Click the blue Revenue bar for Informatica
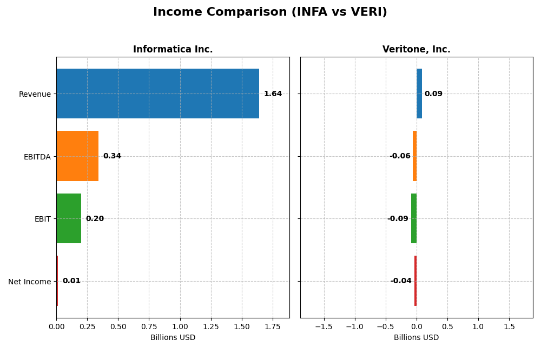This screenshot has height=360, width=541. (x=157, y=94)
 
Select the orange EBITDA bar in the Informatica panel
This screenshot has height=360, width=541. (x=77, y=156)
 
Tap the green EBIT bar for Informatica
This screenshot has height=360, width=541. (x=69, y=218)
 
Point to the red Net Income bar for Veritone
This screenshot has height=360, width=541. (x=415, y=281)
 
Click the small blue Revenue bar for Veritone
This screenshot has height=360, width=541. (x=419, y=94)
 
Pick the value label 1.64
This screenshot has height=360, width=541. (x=273, y=94)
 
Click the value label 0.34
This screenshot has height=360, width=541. (x=112, y=156)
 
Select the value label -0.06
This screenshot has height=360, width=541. (x=400, y=156)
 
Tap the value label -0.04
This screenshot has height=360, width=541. (x=401, y=281)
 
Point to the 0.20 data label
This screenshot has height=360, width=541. (x=95, y=219)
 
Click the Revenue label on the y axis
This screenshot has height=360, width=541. (x=35, y=94)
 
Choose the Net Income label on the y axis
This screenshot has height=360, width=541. (x=29, y=282)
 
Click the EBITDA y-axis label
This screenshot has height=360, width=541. (x=37, y=157)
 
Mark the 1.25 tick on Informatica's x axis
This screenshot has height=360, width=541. (x=211, y=326)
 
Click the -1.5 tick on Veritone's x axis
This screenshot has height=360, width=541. (x=324, y=326)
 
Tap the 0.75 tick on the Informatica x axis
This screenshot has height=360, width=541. (x=149, y=326)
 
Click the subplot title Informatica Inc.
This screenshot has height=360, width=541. (x=173, y=50)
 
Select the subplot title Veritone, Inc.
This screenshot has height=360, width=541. (x=416, y=50)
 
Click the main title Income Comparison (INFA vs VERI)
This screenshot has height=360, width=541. (x=270, y=12)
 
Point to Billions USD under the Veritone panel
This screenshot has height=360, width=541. (x=416, y=338)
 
